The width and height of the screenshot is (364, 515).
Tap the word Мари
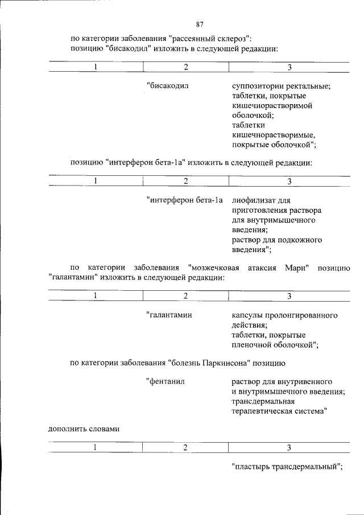pyautogui.click(x=296, y=268)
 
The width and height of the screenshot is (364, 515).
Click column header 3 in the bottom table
pyautogui.click(x=289, y=447)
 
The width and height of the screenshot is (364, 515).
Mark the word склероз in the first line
pyautogui.click(x=231, y=39)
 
